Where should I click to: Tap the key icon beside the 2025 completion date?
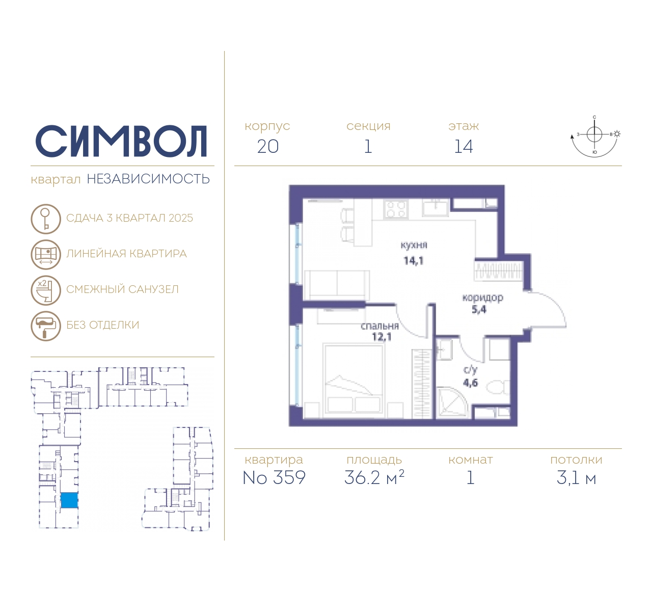[46, 219]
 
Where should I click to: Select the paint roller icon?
[46, 326]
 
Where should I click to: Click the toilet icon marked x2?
[46, 290]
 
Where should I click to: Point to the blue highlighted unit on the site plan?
[69, 500]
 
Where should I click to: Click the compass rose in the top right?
[594, 137]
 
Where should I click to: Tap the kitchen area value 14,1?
[414, 261]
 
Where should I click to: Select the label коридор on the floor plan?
[483, 298]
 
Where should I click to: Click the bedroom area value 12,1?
[382, 337]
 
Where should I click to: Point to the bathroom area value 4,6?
[470, 383]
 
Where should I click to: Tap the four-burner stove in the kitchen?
[395, 208]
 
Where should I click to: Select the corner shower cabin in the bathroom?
[452, 402]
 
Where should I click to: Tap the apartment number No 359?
[274, 477]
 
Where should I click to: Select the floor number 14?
[464, 147]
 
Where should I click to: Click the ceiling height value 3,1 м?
[576, 478]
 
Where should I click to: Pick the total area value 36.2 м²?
[374, 477]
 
